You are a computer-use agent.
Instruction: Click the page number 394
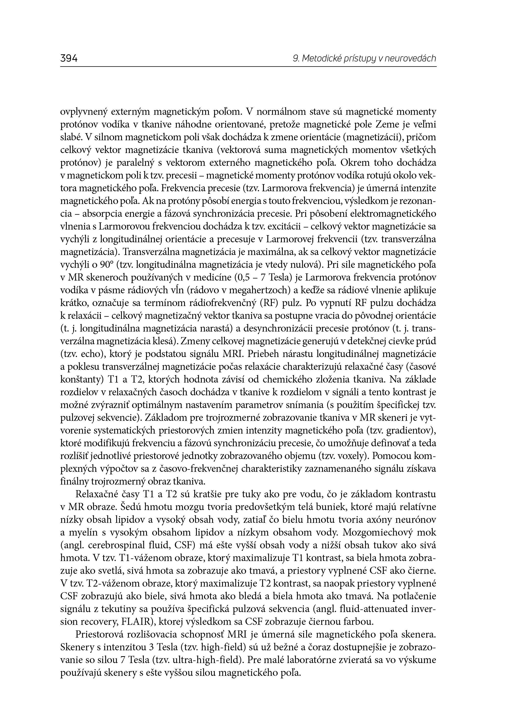pyautogui.click(x=69, y=59)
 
